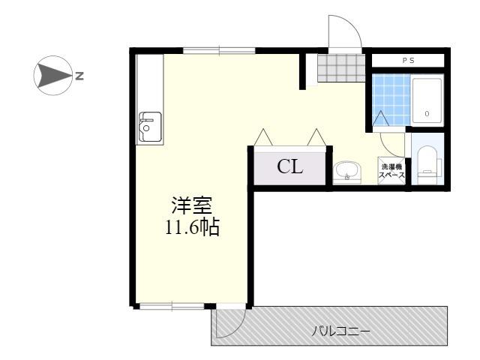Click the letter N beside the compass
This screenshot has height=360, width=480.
[x=79, y=76]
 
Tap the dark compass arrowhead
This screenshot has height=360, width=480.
[x=52, y=75]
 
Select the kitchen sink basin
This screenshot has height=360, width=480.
[x=150, y=127]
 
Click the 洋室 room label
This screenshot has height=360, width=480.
[x=192, y=205]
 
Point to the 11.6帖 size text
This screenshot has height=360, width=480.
[x=192, y=227]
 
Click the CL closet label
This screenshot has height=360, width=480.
[x=290, y=167]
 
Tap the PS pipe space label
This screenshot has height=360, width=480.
[x=408, y=61]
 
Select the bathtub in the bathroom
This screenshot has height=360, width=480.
[x=427, y=100]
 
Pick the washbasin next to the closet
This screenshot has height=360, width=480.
[x=347, y=172]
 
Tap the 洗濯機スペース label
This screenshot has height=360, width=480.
[x=391, y=171]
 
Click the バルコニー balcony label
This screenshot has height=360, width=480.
[x=340, y=331]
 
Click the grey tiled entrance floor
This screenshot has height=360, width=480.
[x=341, y=68]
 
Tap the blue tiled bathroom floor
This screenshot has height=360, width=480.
[x=391, y=100]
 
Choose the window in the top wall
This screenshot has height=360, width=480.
[x=219, y=50]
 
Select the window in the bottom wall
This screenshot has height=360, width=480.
[x=172, y=306]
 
